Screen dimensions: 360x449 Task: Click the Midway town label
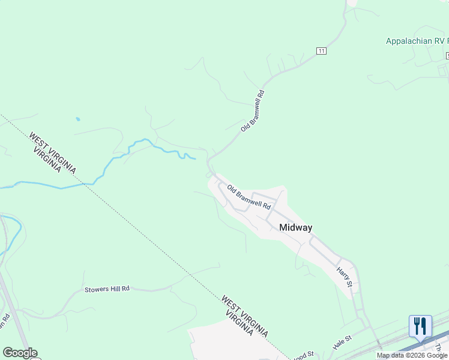(x=296, y=227)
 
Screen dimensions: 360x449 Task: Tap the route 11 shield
(x=322, y=51)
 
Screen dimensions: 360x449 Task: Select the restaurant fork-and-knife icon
(x=420, y=326)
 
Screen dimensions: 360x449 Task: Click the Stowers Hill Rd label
(x=107, y=289)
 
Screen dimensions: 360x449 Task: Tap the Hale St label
(x=342, y=343)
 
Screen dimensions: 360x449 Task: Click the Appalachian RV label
(x=417, y=41)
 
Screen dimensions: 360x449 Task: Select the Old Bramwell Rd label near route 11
(x=253, y=111)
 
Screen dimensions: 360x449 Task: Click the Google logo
(x=20, y=353)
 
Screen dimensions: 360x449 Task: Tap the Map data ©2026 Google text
(x=412, y=356)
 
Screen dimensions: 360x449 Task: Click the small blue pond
(x=77, y=119)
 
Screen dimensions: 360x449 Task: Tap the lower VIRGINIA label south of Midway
(x=238, y=324)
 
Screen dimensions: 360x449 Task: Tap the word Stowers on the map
(x=96, y=289)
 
